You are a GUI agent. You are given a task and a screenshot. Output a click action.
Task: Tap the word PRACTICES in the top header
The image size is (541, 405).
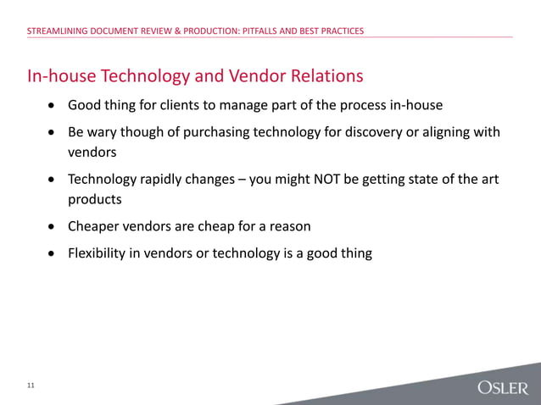[x=338, y=31]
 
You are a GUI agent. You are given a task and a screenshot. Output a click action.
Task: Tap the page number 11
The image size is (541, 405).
[x=31, y=386]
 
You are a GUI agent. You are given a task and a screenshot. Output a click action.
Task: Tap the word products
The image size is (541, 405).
[x=96, y=200]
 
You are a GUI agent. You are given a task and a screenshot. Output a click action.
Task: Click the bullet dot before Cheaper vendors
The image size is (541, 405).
[x=53, y=228]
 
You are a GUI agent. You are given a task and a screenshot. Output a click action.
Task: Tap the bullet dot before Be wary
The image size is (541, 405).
[x=53, y=133]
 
